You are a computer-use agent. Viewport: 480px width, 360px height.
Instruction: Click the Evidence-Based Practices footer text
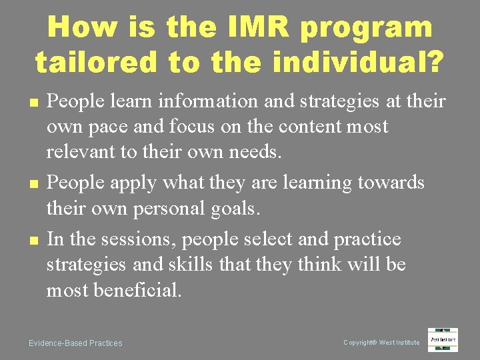point(75,343)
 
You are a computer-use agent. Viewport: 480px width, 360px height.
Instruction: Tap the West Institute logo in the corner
point(443,340)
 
